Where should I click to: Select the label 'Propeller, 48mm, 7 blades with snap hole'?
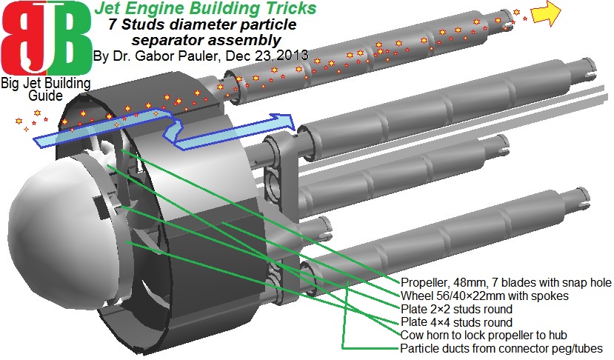tap(504, 283)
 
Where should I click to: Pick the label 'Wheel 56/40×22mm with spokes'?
tap(484, 296)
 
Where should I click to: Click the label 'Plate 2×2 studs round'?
tap(456, 309)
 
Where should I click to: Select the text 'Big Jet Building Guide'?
tap(45, 89)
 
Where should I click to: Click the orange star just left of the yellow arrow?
tap(517, 13)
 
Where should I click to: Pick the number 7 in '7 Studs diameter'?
tap(105, 24)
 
